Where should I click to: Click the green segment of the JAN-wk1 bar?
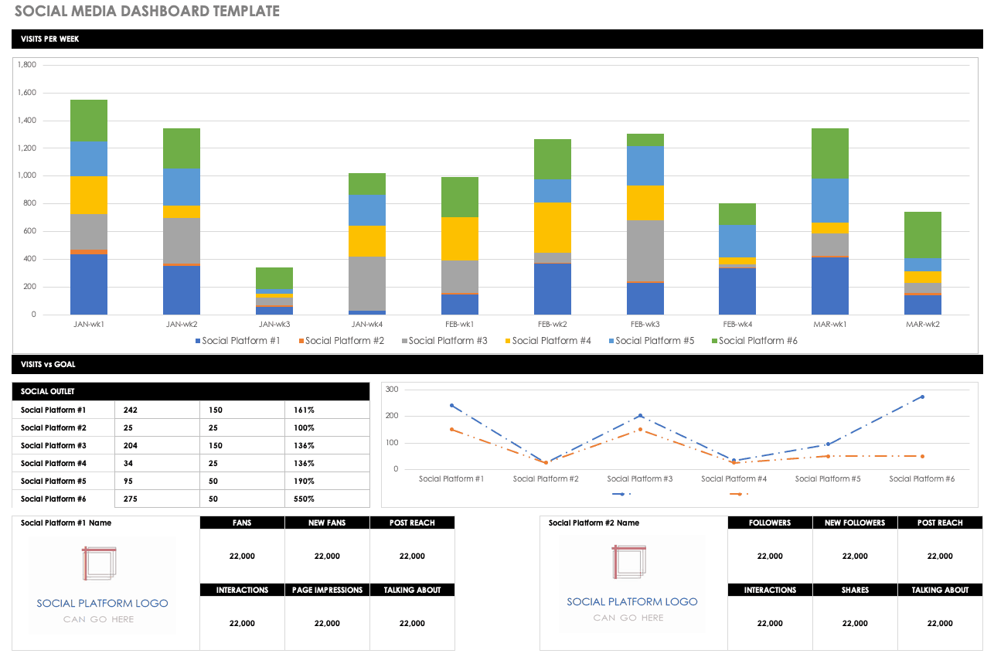pyautogui.click(x=89, y=121)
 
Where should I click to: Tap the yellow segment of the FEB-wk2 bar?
pyautogui.click(x=553, y=227)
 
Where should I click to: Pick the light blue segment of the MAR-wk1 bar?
pyautogui.click(x=829, y=200)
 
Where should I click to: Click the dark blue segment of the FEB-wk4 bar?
pyautogui.click(x=737, y=291)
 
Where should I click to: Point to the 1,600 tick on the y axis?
pyautogui.click(x=26, y=93)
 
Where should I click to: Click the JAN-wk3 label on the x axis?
pyautogui.click(x=274, y=325)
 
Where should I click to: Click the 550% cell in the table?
pyautogui.click(x=305, y=499)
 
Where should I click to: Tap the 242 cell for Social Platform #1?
pyautogui.click(x=130, y=410)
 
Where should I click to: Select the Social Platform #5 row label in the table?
pyautogui.click(x=53, y=482)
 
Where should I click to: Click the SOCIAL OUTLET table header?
pyautogui.click(x=48, y=392)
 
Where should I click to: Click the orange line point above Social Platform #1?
pyautogui.click(x=451, y=430)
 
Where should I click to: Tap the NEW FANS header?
pyautogui.click(x=327, y=523)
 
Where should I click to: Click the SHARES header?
pyautogui.click(x=855, y=591)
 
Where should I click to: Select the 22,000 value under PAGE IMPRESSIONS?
pyautogui.click(x=327, y=623)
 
